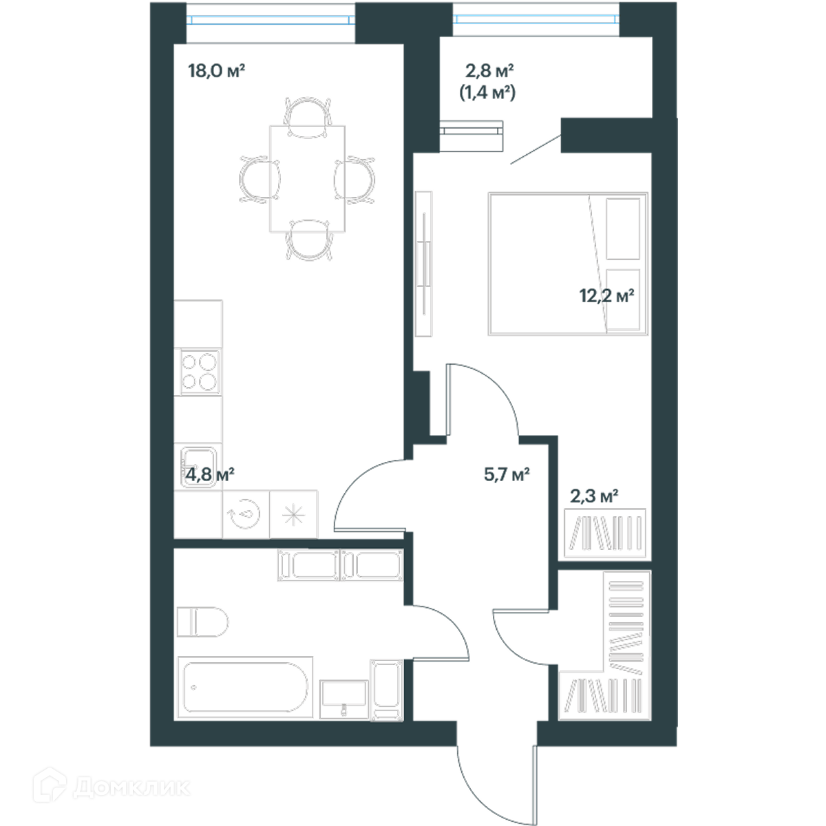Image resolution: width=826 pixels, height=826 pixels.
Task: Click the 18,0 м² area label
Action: (216, 71)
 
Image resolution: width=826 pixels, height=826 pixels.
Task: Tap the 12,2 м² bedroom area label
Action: (606, 296)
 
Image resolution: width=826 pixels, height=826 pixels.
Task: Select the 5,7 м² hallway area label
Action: (507, 474)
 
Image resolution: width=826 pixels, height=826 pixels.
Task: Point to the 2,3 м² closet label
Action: (593, 496)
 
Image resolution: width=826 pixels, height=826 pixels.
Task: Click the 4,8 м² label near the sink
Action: (210, 474)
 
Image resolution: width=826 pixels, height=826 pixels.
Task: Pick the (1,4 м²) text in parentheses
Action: (487, 93)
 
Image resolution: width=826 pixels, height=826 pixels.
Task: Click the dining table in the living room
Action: (307, 179)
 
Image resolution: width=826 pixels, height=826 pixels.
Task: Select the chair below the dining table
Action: (309, 240)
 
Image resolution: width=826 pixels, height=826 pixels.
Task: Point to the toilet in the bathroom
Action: (202, 622)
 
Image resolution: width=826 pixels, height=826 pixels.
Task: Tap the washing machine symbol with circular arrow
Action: (246, 514)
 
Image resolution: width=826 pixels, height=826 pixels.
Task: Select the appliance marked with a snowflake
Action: (294, 514)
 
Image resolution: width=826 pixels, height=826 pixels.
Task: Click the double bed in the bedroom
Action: (568, 264)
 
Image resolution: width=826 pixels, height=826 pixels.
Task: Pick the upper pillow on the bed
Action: (623, 229)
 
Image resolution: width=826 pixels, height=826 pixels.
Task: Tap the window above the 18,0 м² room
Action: (271, 20)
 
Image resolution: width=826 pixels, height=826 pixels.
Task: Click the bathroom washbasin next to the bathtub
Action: (344, 699)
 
